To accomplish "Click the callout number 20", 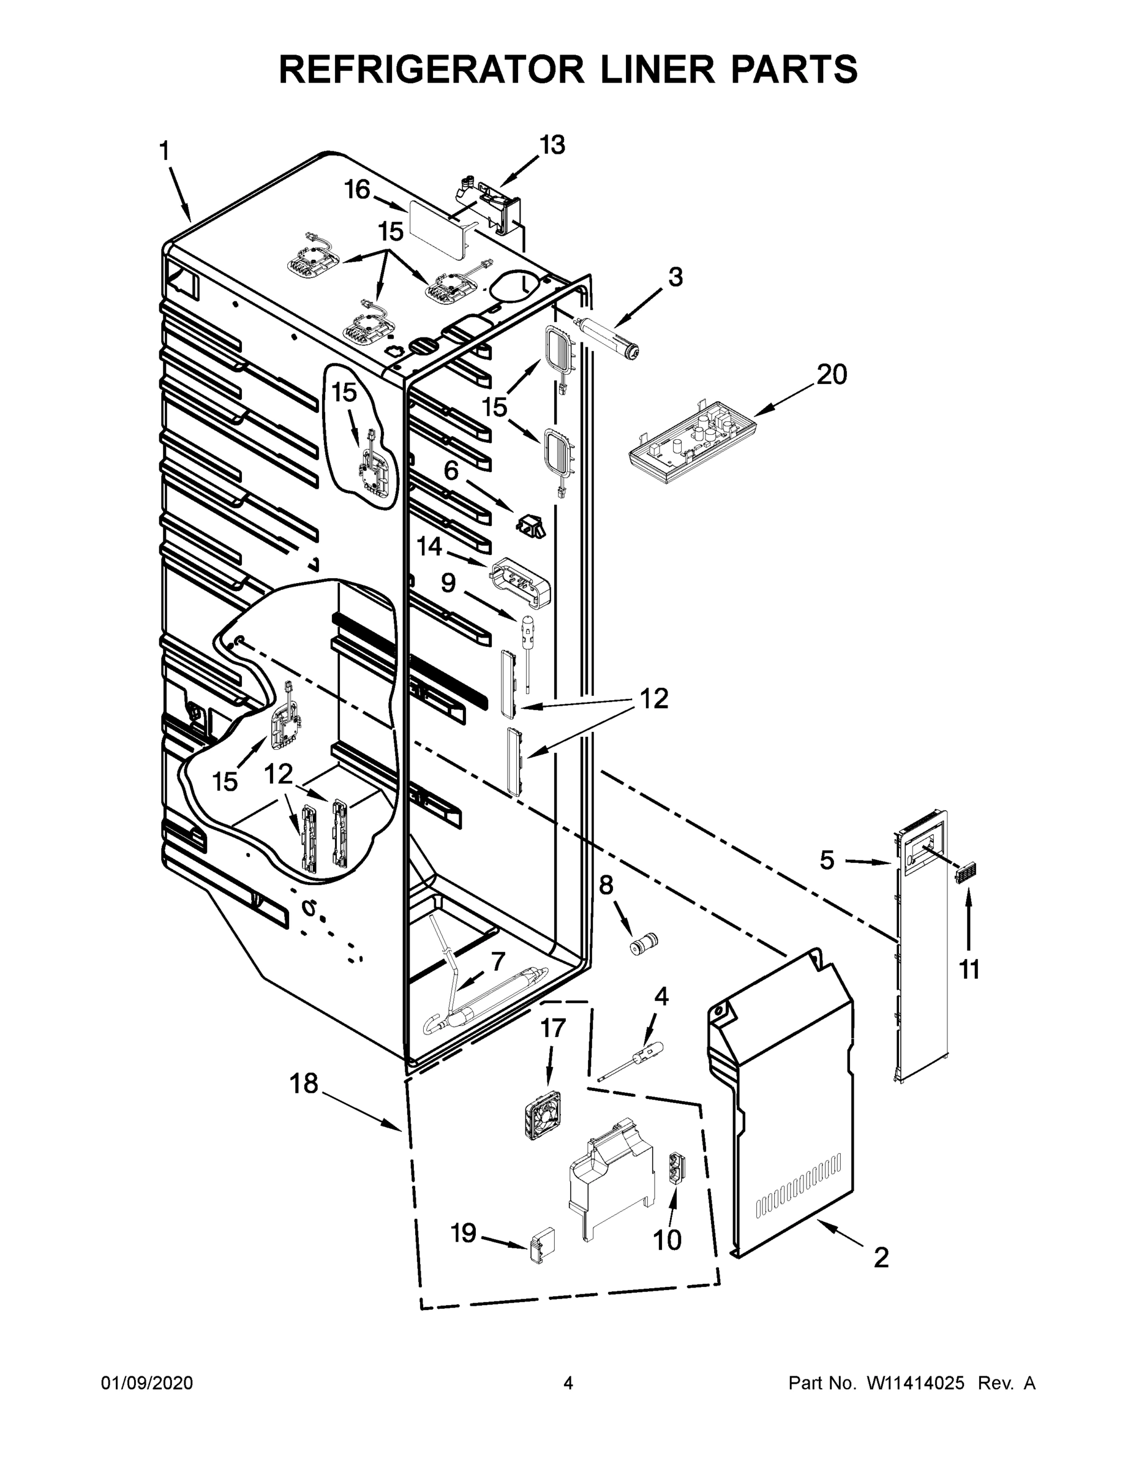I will pyautogui.click(x=832, y=374).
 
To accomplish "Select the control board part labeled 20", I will pyautogui.click(x=689, y=442).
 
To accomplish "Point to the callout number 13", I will pyautogui.click(x=552, y=145).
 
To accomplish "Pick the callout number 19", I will pyautogui.click(x=464, y=1233).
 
